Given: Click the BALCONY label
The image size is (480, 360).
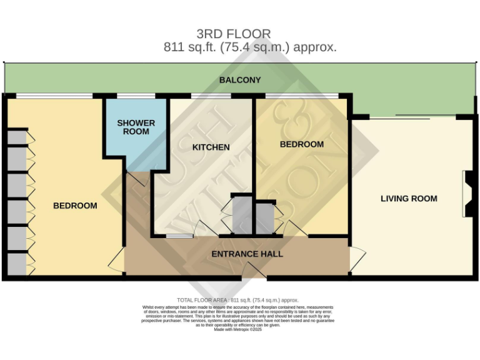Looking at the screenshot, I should tap(240, 80).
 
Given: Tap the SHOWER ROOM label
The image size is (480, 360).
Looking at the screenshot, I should tap(136, 127).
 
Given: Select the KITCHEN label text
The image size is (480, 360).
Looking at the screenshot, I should tap(211, 147).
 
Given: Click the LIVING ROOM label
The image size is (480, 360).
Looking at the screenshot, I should tap(409, 199).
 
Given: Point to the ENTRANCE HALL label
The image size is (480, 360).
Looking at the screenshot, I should tap(247, 254).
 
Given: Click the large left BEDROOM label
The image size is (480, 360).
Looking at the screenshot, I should tap(75, 206).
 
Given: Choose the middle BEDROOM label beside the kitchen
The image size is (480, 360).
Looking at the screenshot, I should tap(301, 144).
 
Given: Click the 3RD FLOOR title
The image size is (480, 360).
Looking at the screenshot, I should tap(234, 34).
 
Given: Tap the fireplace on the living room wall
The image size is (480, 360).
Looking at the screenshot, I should tap(467, 194).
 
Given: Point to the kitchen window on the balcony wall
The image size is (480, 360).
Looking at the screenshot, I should tap(211, 96).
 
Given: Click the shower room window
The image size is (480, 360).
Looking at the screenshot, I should tap(136, 96).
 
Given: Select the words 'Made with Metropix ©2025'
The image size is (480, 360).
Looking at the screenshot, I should tap(238, 329).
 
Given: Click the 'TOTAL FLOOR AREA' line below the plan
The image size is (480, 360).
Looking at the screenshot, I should tap(238, 301).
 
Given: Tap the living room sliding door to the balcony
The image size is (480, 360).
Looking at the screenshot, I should tap(412, 117).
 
